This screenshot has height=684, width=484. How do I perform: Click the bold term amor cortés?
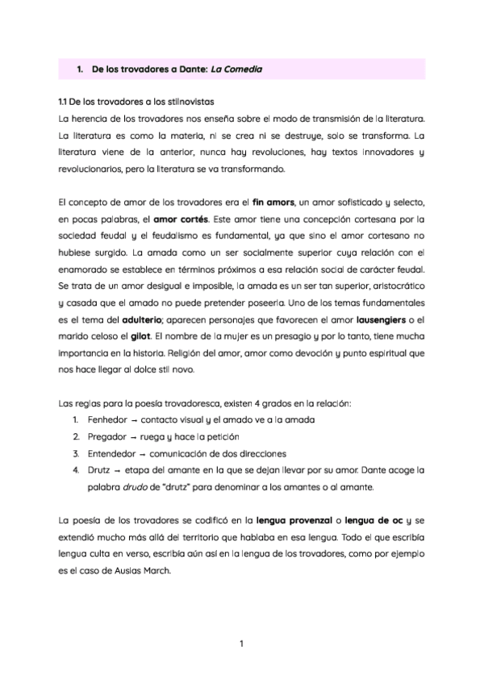tap(182, 218)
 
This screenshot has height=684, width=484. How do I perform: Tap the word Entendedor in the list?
tap(114, 453)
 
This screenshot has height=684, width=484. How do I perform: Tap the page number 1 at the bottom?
tap(242, 644)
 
